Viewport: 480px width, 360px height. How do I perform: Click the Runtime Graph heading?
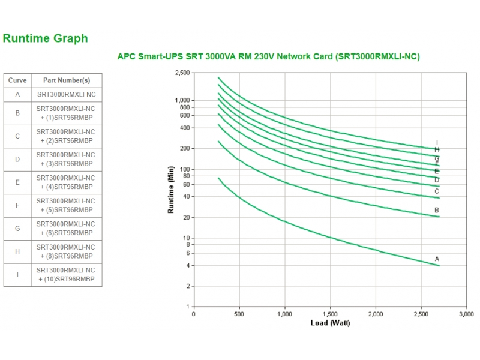45,38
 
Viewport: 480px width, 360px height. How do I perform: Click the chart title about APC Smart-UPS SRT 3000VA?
268,56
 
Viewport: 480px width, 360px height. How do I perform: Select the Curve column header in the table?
17,80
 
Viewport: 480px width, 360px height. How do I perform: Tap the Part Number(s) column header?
66,80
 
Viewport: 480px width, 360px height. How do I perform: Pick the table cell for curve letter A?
17,95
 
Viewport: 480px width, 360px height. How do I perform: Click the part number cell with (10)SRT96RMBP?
66,275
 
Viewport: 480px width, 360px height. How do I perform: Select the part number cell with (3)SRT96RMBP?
66,159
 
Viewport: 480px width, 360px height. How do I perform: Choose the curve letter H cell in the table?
17,252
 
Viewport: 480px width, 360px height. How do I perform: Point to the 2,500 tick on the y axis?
182,73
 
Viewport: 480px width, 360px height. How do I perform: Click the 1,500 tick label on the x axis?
330,314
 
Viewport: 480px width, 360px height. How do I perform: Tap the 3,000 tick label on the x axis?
467,314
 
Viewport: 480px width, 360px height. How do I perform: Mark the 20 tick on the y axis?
185,217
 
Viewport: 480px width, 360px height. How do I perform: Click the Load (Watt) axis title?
330,323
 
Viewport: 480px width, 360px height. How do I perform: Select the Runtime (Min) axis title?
171,190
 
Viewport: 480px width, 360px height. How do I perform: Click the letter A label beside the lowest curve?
437,259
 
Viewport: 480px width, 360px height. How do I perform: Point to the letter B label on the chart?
437,210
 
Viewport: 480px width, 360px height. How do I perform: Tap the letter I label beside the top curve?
437,143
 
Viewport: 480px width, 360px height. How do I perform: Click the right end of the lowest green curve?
439,265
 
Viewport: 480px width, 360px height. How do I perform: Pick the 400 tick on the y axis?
184,128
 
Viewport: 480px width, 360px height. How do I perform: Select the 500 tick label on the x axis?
239,314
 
